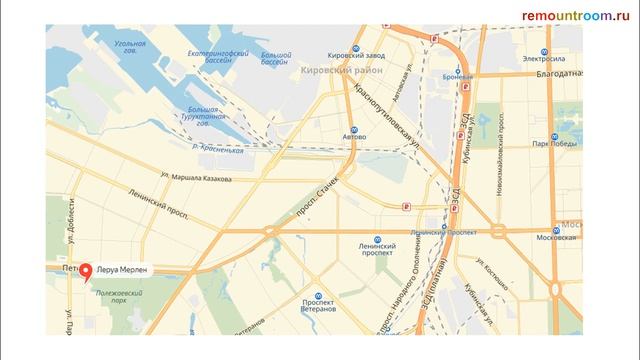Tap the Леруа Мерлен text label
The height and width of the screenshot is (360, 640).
pos(123,271)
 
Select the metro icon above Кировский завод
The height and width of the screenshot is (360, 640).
pos(345,46)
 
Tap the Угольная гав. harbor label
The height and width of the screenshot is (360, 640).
pos(131,50)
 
